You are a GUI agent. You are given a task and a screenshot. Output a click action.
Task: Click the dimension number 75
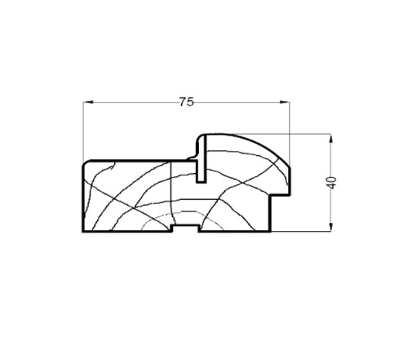187,102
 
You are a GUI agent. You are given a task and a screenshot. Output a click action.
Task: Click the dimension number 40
331,183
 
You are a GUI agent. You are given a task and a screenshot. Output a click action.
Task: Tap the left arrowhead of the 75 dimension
88,102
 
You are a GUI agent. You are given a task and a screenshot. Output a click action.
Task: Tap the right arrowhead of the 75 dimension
285,102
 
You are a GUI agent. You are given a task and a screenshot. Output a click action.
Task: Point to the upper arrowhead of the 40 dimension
330,139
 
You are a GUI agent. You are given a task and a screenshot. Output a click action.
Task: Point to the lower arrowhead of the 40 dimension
330,227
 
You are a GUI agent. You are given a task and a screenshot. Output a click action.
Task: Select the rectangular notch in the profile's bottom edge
185,229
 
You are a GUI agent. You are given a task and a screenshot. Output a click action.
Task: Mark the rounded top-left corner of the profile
86,163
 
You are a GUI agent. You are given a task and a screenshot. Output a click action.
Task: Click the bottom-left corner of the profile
83,231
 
